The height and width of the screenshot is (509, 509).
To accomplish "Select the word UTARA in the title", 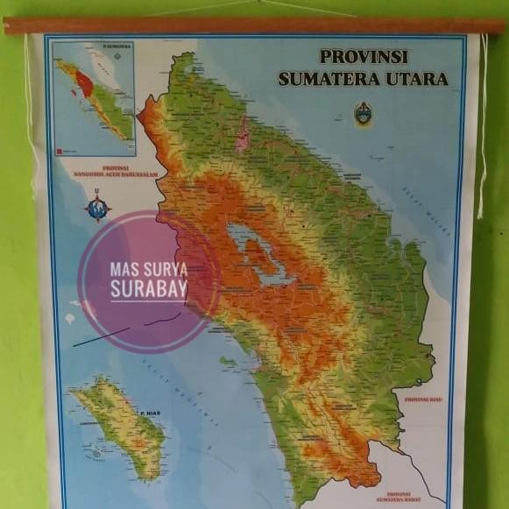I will pos(417,79).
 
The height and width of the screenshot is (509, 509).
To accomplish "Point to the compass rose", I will pos(97,208).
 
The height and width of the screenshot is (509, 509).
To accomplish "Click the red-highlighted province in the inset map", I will pos(84,84).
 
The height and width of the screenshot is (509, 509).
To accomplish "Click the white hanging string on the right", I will pos(481,123).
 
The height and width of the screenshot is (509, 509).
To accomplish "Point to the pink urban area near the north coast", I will pos(242,135).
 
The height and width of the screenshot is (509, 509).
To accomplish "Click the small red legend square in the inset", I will pos(60,152).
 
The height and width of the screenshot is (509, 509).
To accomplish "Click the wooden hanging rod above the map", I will pos(254,25).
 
